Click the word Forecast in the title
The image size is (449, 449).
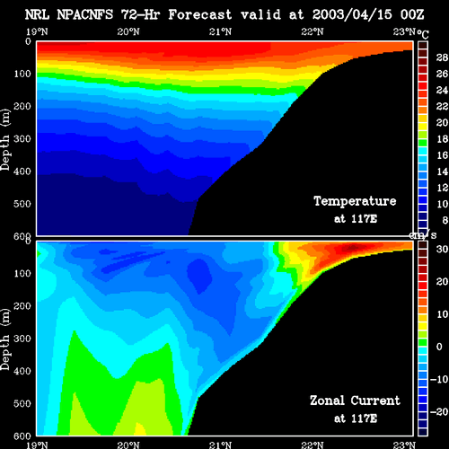pyautogui.click(x=200, y=14)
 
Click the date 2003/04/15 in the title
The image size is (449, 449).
pyautogui.click(x=352, y=14)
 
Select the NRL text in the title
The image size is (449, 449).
pyautogui.click(x=37, y=14)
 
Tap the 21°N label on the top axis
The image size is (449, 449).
pyautogui.click(x=220, y=31)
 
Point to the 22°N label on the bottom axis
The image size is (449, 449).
pyautogui.click(x=313, y=445)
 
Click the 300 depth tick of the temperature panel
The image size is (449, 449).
pyautogui.click(x=22, y=139)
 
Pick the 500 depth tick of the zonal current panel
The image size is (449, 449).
pyautogui.click(x=22, y=403)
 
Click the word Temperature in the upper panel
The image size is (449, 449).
pyautogui.click(x=355, y=201)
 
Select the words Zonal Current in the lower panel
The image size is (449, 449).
pyautogui.click(x=355, y=401)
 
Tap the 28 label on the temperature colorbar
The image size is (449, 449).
pyautogui.click(x=442, y=57)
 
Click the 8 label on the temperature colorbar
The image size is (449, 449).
pyautogui.click(x=445, y=220)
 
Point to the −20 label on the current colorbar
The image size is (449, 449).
pyautogui.click(x=439, y=412)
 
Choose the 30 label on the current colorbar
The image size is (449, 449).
pyautogui.click(x=442, y=249)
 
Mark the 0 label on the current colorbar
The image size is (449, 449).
pyautogui.click(x=439, y=347)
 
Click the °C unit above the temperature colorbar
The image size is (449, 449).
pyautogui.click(x=423, y=34)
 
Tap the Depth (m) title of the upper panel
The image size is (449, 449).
pyautogui.click(x=5, y=140)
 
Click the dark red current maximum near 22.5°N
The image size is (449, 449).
pyautogui.click(x=353, y=247)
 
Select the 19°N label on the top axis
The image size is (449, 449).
pyautogui.click(x=37, y=31)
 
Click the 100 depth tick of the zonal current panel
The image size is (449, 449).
pyautogui.click(x=22, y=273)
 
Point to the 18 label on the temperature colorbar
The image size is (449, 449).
pyautogui.click(x=442, y=139)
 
